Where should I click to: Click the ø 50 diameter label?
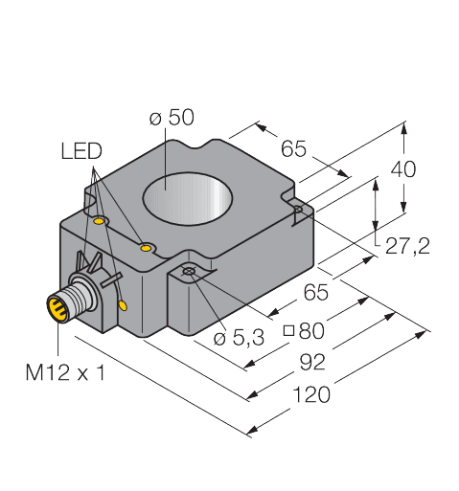pos(172,118)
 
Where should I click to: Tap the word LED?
pos(80,151)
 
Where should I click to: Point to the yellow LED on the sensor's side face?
pos(123,304)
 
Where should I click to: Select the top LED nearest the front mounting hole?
pos(146,249)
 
